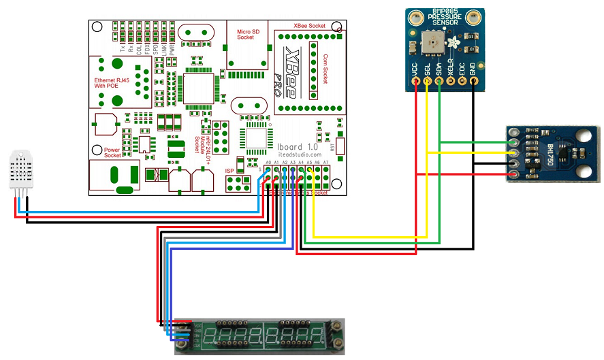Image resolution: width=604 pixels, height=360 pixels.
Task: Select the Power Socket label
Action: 113,152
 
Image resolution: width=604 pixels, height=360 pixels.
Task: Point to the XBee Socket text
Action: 309,25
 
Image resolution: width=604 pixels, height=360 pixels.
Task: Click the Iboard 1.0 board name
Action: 298,146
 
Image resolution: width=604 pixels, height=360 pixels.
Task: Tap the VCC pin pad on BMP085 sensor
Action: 415,82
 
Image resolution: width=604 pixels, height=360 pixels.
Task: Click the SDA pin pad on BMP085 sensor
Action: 439,82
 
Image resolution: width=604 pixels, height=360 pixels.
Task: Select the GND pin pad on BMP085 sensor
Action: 474,82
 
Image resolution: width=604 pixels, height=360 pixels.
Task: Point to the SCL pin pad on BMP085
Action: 427,82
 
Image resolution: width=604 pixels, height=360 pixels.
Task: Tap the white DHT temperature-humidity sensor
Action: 22,170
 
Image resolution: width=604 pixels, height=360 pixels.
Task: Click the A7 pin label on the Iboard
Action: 326,163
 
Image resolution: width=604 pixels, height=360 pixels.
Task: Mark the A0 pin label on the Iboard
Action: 268,163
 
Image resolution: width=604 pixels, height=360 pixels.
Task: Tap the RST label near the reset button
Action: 332,146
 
